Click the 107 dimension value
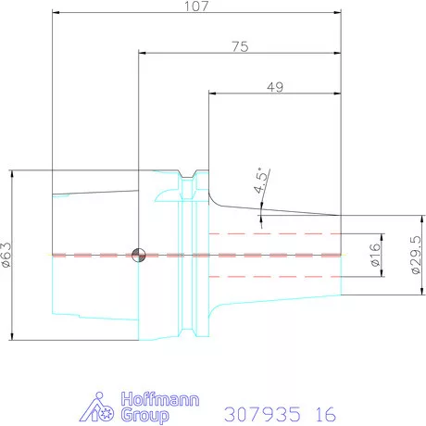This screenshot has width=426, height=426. point(196,6)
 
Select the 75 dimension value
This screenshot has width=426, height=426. point(240,46)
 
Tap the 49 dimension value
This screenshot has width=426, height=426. point(275,87)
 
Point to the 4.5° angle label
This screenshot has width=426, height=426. point(260,181)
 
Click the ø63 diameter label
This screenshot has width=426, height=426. point(6,255)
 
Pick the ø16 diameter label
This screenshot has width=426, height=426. point(375,255)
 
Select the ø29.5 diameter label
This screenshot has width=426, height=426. point(416,255)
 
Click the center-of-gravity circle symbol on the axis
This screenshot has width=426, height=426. point(139,256)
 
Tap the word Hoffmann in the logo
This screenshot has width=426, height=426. point(160,399)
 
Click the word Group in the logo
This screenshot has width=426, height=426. point(144,415)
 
